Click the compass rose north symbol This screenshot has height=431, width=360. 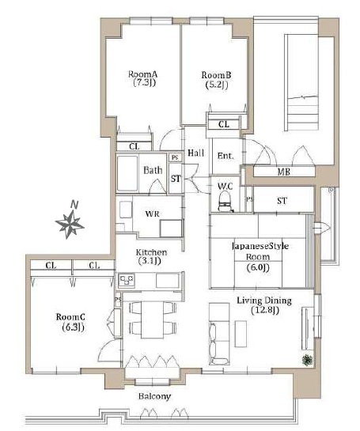point(70,223)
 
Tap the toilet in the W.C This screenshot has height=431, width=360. point(225,202)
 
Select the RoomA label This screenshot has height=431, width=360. point(142,74)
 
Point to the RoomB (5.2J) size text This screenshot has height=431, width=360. point(217,85)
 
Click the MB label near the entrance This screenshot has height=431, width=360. point(284,172)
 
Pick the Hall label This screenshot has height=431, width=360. point(195,153)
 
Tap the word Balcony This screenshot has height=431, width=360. point(154,396)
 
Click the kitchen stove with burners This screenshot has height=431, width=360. point(127,280)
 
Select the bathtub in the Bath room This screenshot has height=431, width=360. point(127,173)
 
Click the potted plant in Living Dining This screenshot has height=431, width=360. point(308,360)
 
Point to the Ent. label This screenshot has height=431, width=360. point(225,156)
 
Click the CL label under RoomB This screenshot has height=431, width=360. point(224,124)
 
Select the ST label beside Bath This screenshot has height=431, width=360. point(176,179)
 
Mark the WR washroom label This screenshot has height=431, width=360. point(153,214)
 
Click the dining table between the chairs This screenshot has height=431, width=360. point(152,320)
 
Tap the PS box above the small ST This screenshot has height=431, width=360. point(175,158)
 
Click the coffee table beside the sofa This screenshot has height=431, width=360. point(241,334)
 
